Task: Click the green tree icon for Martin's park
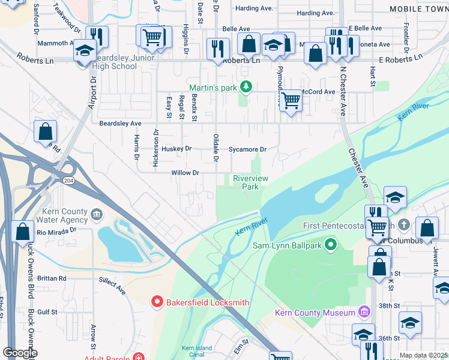pos(245,88)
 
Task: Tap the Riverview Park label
pos(250,182)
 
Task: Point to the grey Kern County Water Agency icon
pos(97,215)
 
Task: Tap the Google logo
pos(20,353)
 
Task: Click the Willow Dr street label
pos(185,173)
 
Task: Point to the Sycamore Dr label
pos(247,149)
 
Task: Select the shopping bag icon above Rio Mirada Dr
pos(22,232)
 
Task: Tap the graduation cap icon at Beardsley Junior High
pos(85,50)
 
